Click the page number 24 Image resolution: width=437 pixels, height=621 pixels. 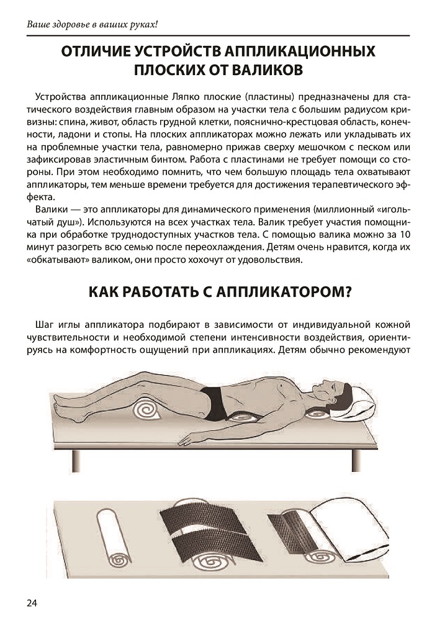(32, 603)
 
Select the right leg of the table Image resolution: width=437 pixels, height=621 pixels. (356, 460)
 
